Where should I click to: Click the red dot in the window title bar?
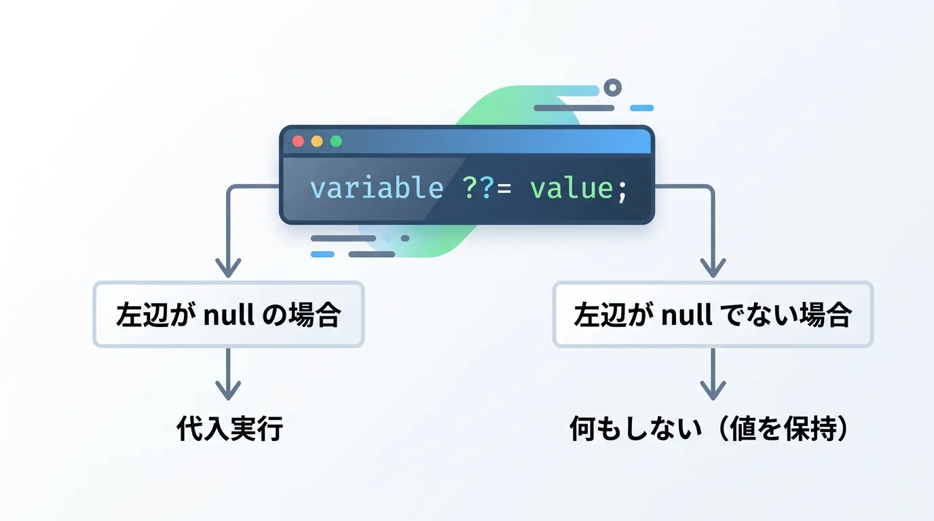(x=298, y=141)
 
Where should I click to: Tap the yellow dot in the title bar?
(x=317, y=141)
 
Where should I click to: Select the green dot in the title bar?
(x=336, y=141)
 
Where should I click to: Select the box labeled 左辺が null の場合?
(x=229, y=314)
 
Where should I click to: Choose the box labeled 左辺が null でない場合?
(x=713, y=314)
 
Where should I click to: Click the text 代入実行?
(x=229, y=428)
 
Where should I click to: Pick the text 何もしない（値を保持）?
(x=710, y=428)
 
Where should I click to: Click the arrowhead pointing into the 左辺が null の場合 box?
(x=228, y=269)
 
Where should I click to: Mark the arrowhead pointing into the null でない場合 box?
(x=713, y=269)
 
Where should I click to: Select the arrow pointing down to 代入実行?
(x=228, y=374)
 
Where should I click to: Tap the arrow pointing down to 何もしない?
(x=713, y=374)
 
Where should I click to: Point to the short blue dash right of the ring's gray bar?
(x=641, y=108)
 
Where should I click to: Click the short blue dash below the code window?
(x=322, y=254)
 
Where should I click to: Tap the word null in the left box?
(x=229, y=314)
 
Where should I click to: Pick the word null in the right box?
(x=687, y=314)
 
